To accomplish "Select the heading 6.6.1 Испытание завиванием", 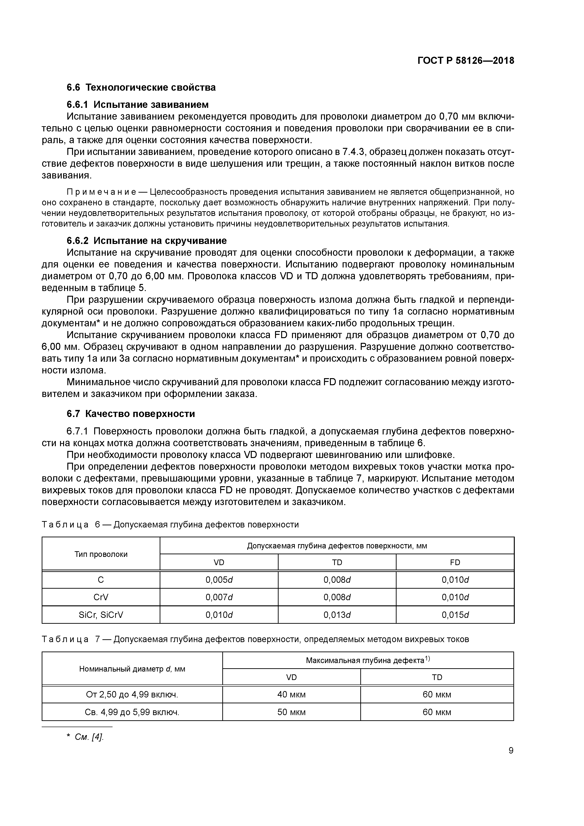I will (138, 105).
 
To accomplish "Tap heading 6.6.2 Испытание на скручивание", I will (146, 241).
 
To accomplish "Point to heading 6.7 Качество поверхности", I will (131, 414).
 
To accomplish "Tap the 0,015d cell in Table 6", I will (455, 615).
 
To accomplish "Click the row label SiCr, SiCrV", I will (101, 615).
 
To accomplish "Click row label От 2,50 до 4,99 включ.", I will (132, 694).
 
